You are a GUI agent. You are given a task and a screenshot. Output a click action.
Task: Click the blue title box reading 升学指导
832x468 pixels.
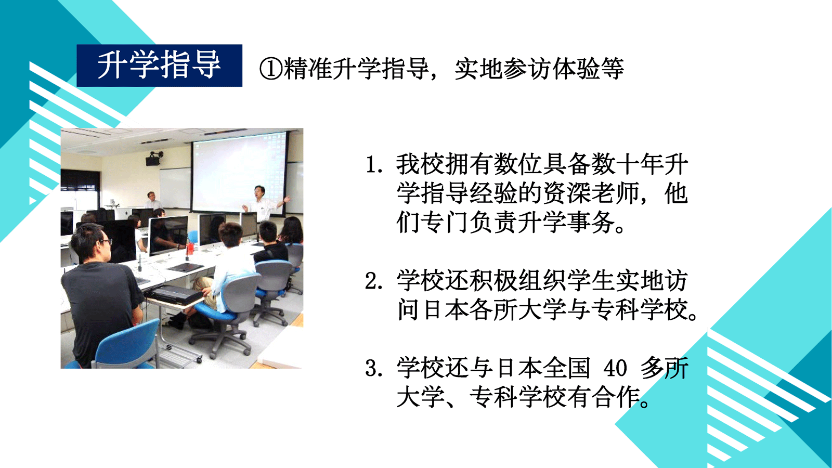159,66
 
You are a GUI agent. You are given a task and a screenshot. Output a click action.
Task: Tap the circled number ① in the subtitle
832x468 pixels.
271,69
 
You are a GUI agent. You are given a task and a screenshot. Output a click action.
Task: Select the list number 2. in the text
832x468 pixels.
374,281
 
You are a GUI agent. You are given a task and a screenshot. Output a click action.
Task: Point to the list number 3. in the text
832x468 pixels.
374,369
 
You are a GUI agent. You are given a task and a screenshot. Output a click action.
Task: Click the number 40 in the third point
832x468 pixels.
616,369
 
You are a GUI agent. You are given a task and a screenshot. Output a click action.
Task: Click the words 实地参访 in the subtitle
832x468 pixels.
503,69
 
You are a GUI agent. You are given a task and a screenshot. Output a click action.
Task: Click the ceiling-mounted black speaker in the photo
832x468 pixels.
154,159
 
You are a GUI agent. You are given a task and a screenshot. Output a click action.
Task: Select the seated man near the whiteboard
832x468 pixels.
152,201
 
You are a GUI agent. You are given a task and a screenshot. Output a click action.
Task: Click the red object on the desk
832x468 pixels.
190,248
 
